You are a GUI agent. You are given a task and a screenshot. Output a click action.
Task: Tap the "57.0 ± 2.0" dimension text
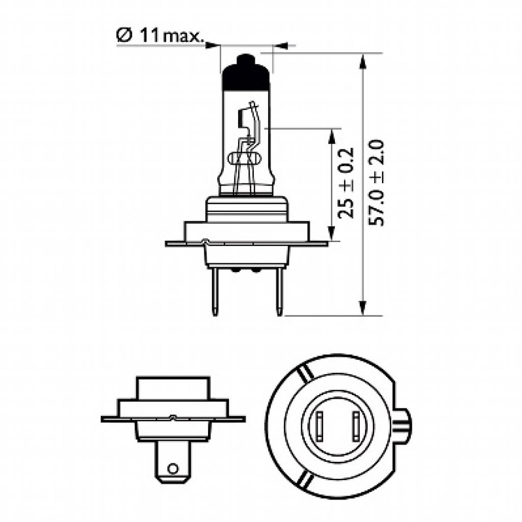pyautogui.click(x=380, y=184)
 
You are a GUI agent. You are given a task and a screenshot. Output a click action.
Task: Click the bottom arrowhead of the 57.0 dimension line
pyautogui.click(x=362, y=308)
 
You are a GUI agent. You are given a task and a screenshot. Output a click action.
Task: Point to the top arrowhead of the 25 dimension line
pyautogui.click(x=332, y=136)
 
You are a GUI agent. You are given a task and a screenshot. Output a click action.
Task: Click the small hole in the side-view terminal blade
pyautogui.click(x=173, y=468)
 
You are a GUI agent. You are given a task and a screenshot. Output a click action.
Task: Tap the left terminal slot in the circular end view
pyautogui.click(x=320, y=426)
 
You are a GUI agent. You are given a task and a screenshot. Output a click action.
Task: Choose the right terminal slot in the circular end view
pyautogui.click(x=355, y=426)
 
